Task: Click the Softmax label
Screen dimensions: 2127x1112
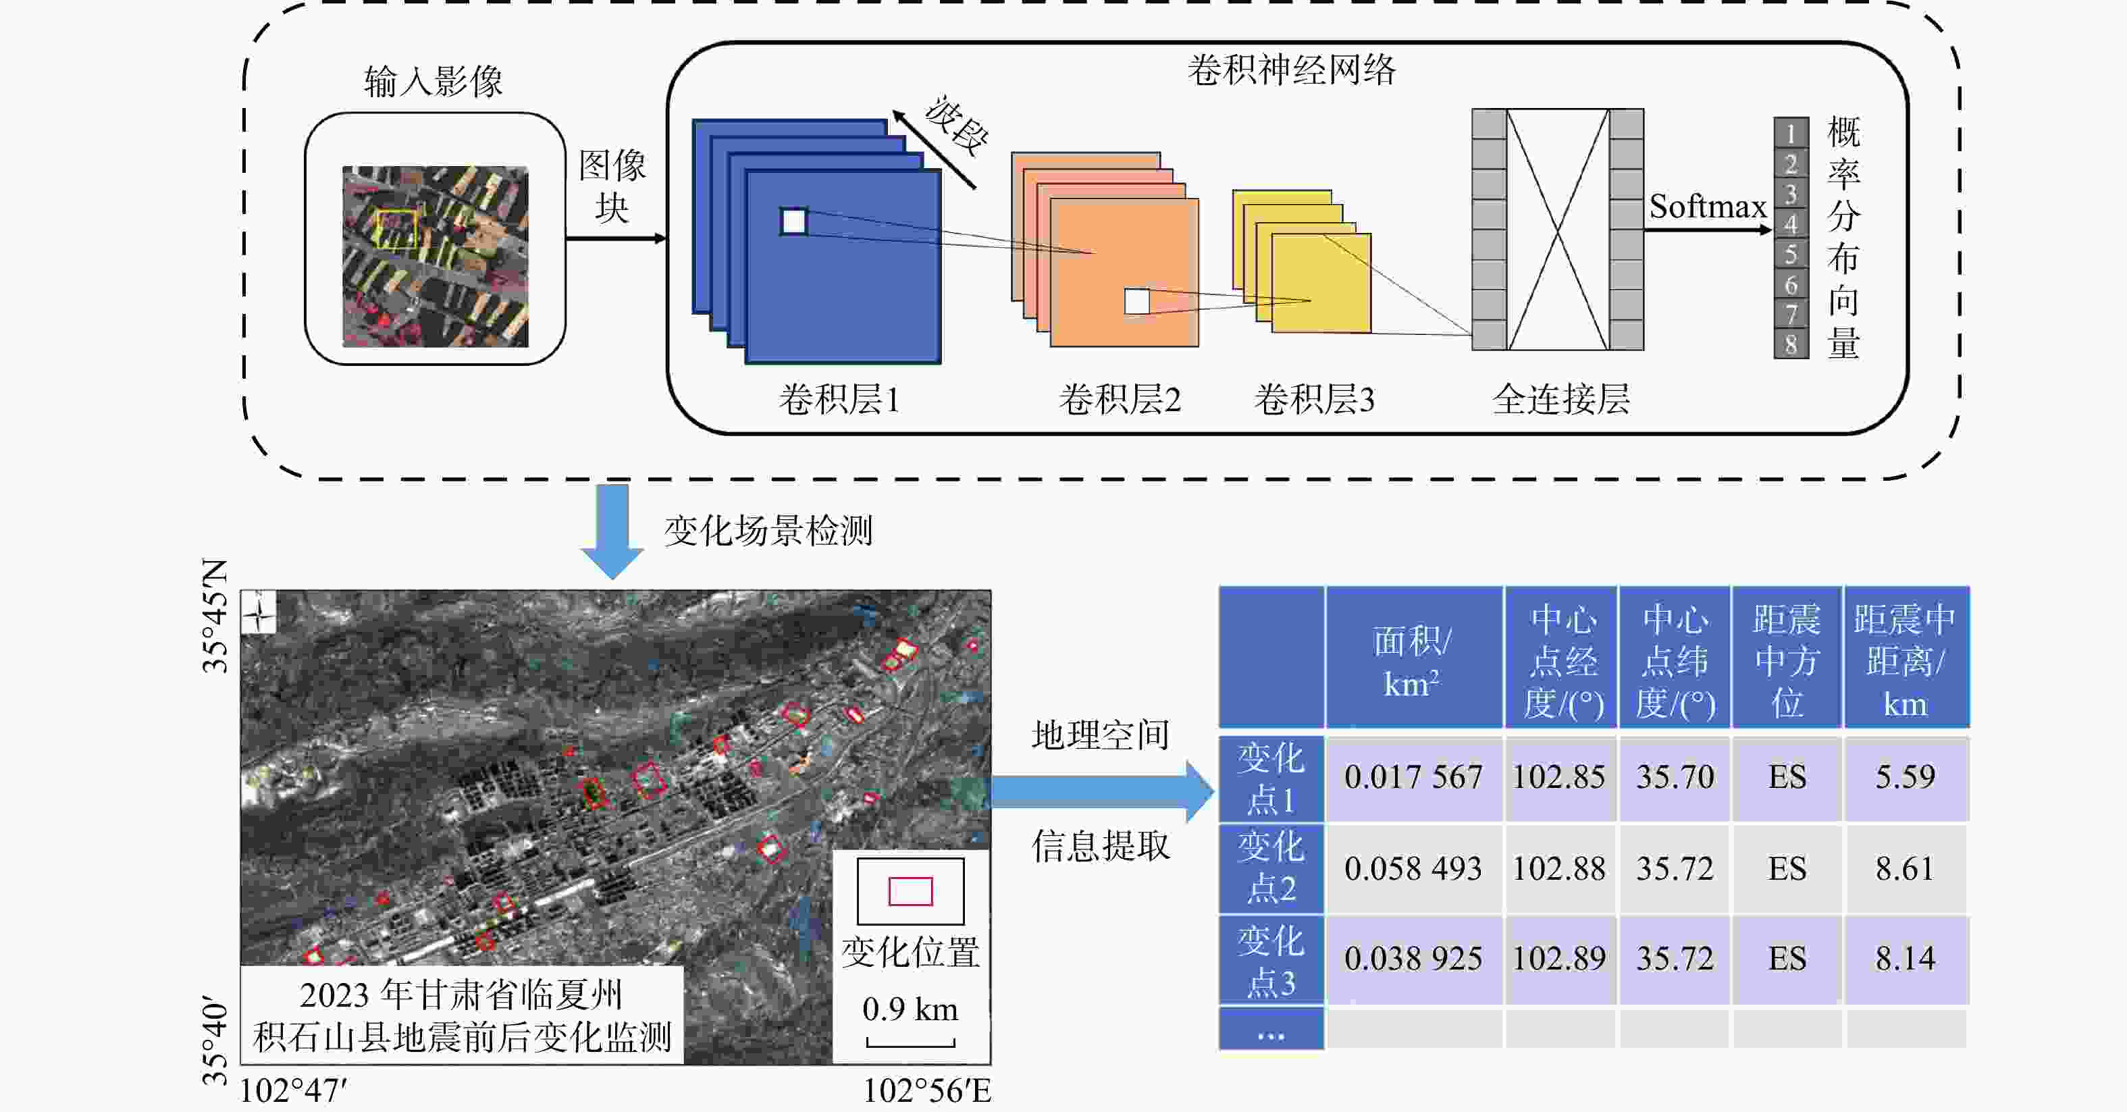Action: click(x=1707, y=207)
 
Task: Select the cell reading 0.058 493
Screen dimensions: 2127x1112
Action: click(x=1413, y=868)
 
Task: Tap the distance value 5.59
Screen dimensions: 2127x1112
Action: click(x=1905, y=777)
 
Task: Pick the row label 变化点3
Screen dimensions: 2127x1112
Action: click(x=1271, y=961)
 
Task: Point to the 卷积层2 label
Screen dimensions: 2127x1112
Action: click(x=1120, y=400)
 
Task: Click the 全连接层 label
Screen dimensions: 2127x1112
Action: click(x=1560, y=400)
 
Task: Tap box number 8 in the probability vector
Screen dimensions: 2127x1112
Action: click(x=1791, y=344)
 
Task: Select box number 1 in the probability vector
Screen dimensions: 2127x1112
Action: click(x=1791, y=133)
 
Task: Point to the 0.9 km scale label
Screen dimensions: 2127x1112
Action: click(x=910, y=1009)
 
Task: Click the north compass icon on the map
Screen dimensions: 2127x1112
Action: click(x=259, y=612)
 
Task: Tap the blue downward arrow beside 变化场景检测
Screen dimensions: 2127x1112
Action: click(x=612, y=531)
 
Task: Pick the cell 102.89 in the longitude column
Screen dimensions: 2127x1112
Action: click(x=1559, y=959)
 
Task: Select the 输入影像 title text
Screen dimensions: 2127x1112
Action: click(x=434, y=82)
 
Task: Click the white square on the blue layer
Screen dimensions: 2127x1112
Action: click(x=793, y=221)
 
